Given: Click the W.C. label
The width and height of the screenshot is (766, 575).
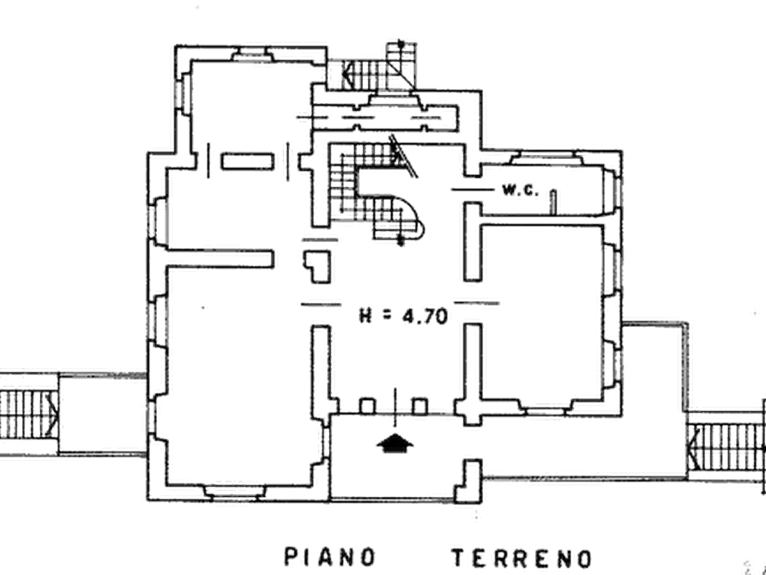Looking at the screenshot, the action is pyautogui.click(x=521, y=190).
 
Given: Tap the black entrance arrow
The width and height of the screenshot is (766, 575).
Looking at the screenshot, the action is pyautogui.click(x=395, y=443).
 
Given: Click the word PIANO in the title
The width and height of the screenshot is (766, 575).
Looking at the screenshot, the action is pyautogui.click(x=330, y=557).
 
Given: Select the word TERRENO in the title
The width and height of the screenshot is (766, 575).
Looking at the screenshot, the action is pyautogui.click(x=522, y=558).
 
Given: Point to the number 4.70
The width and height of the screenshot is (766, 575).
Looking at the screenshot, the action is pyautogui.click(x=425, y=317).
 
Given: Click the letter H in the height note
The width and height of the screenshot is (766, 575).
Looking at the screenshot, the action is pyautogui.click(x=365, y=315).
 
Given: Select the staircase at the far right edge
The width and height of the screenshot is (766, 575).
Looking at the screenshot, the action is pyautogui.click(x=727, y=447).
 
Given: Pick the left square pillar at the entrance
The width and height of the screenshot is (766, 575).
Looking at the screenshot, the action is pyautogui.click(x=367, y=406).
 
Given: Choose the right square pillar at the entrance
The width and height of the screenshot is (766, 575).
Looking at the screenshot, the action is pyautogui.click(x=420, y=406).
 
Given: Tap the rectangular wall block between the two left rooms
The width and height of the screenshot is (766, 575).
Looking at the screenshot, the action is pyautogui.click(x=247, y=161).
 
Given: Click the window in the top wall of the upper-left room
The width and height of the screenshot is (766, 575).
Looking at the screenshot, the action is pyautogui.click(x=252, y=54).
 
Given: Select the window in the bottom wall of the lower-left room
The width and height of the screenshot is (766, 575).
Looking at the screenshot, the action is pyautogui.click(x=234, y=493).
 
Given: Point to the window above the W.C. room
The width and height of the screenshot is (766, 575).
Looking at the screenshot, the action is pyautogui.click(x=546, y=159).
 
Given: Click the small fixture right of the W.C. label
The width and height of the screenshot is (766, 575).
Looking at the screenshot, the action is pyautogui.click(x=553, y=202).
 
